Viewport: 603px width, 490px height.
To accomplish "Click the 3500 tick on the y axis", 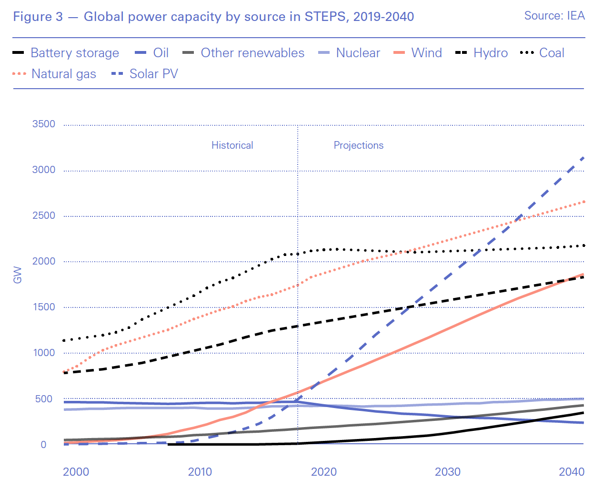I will (44, 124).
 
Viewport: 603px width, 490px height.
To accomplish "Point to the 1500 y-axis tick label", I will (44, 307).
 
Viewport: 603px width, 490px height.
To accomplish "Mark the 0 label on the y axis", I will (43, 445).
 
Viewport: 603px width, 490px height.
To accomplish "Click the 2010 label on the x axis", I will (200, 472).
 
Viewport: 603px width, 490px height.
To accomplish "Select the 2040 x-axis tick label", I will (572, 472).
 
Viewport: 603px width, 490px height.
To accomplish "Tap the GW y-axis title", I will (18, 275).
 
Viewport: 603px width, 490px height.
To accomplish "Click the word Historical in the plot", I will (232, 145).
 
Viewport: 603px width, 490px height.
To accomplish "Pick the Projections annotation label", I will (358, 145).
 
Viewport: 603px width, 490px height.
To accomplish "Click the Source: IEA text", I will (554, 16).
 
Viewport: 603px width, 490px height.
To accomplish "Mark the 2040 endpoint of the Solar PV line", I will (583, 157).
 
